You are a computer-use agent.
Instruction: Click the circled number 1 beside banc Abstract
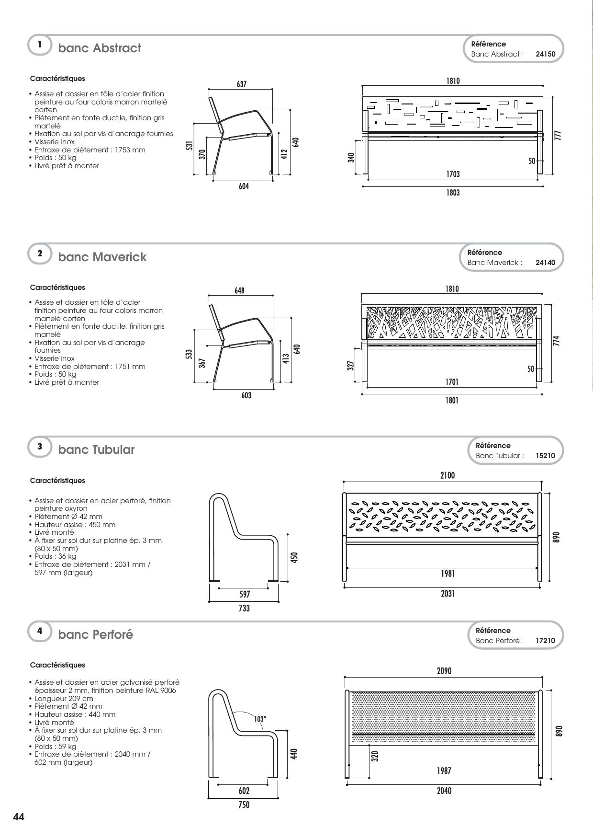pos(40,45)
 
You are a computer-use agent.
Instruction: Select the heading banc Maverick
pos(102,257)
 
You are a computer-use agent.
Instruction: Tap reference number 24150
pos(546,54)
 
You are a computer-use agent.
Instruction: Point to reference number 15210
pos(546,456)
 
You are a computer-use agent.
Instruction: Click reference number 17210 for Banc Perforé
pos(546,641)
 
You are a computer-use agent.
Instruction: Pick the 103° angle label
pos(260,719)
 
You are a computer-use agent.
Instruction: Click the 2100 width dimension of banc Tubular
pos(447,475)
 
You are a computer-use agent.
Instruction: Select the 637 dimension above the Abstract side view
pos(241,84)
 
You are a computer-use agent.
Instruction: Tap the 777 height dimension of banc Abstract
pos(558,136)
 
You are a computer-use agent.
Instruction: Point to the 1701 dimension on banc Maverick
pos(452,382)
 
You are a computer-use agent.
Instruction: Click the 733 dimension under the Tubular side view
pos(244,608)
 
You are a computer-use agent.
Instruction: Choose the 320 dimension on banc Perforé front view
pos(375,756)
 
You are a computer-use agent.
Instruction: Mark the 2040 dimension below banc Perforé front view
pos(444,791)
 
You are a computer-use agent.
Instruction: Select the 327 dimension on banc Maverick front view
pos(350,366)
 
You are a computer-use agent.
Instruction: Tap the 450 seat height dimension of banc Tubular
pos(294,557)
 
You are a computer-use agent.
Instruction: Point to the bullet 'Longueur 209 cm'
pos(64,698)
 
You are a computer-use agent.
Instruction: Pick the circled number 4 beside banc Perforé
pos(40,631)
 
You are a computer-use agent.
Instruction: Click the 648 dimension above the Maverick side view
pos(239,291)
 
